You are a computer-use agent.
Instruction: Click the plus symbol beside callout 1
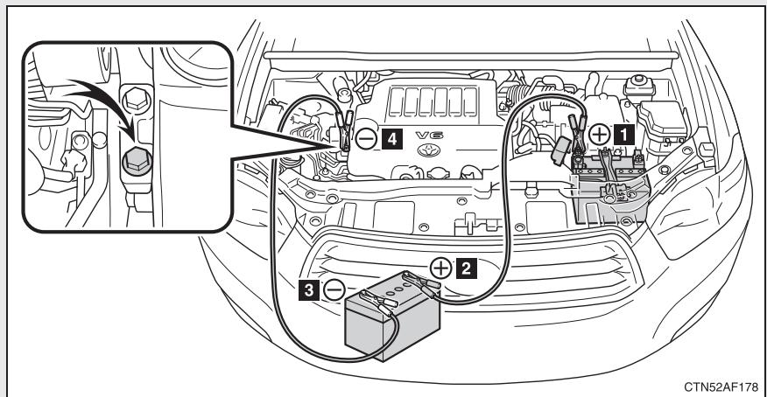coord(600,136)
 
